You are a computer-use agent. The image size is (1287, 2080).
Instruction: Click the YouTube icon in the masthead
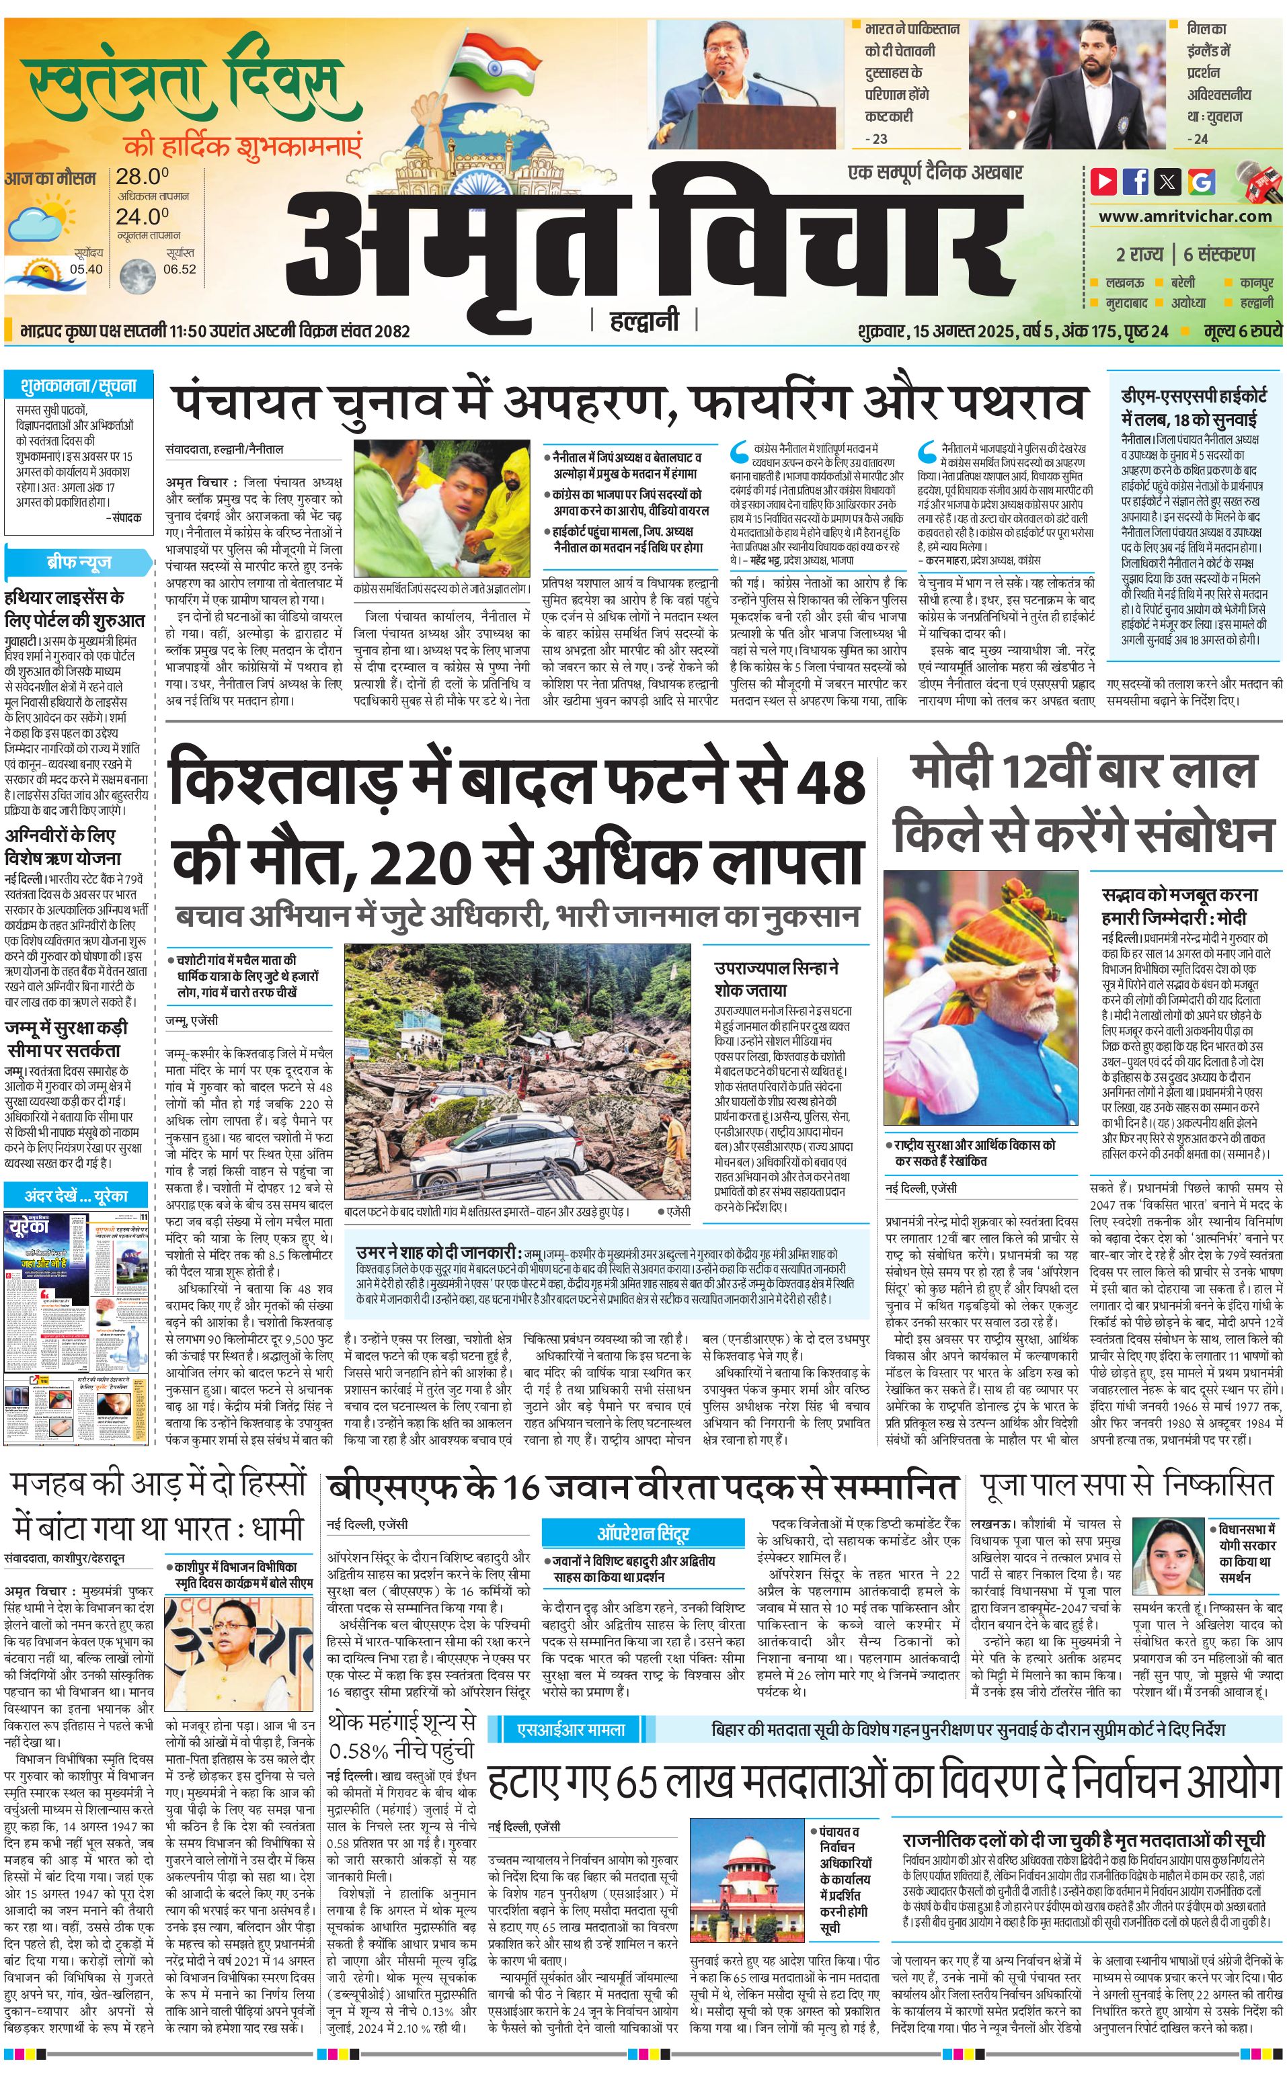(1105, 181)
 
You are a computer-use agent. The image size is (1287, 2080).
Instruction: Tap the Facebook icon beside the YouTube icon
(1136, 181)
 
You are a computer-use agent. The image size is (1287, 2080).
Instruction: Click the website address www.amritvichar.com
(1185, 216)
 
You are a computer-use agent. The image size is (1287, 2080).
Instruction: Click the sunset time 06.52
(180, 269)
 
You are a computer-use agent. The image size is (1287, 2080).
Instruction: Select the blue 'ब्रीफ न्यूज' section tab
(78, 563)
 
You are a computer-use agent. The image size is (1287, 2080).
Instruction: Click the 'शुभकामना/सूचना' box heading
(78, 385)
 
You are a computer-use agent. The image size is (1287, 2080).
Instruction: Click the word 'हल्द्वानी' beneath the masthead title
(643, 321)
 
